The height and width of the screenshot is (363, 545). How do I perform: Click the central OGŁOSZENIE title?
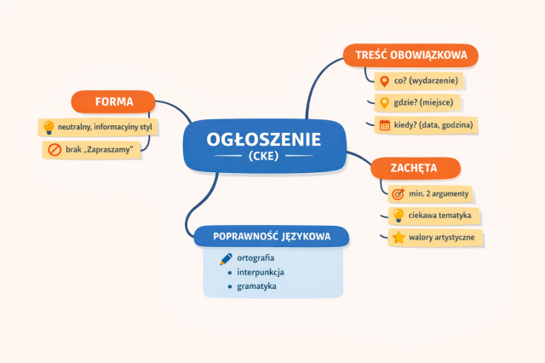tap(264, 140)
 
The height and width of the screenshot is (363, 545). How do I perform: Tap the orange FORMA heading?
tap(113, 101)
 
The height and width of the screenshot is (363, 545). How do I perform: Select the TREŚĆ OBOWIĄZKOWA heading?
tap(410, 55)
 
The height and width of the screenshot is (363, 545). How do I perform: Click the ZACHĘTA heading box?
tap(416, 168)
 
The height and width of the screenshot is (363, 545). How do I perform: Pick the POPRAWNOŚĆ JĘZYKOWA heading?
tap(272, 236)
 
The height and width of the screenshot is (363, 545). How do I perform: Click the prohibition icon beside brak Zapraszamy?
tap(54, 150)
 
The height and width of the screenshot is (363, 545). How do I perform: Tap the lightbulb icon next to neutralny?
tap(49, 127)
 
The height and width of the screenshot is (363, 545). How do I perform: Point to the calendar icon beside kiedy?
tap(385, 124)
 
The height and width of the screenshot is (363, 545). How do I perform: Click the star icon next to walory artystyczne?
tap(399, 238)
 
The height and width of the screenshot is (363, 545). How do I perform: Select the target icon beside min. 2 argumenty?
tap(399, 193)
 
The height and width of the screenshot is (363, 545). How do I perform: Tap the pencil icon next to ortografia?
tap(226, 259)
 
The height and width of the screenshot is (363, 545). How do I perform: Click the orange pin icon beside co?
tap(384, 81)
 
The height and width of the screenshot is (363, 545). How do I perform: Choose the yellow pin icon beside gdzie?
tap(384, 103)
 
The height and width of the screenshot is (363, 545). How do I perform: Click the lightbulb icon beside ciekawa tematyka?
tap(398, 216)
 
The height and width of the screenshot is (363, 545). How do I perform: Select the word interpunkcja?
tap(261, 273)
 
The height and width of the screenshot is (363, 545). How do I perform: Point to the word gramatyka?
tap(256, 286)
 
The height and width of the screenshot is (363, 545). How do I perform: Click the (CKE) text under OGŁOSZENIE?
tap(264, 156)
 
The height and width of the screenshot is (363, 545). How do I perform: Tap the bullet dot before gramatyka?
tap(230, 287)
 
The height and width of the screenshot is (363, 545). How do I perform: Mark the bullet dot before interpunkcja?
tap(230, 273)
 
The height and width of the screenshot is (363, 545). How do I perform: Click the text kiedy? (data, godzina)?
tap(433, 124)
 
